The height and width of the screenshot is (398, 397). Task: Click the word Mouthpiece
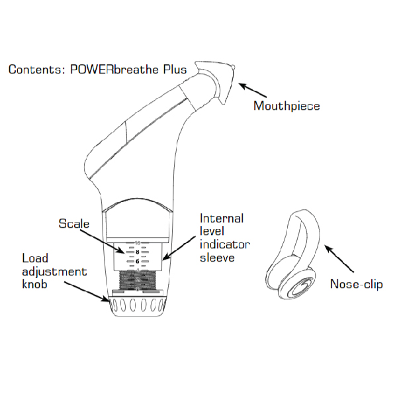click(x=287, y=105)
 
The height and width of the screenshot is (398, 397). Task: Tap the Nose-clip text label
click(x=356, y=285)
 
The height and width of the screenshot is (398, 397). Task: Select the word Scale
click(x=74, y=224)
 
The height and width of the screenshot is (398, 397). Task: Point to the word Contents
click(x=37, y=70)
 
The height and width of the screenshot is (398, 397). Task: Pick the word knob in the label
click(x=35, y=285)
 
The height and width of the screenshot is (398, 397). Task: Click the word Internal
click(x=222, y=218)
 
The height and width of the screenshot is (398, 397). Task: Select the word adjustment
click(x=54, y=272)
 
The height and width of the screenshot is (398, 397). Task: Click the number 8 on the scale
click(x=138, y=252)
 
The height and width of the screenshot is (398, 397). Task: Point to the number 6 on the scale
click(x=138, y=262)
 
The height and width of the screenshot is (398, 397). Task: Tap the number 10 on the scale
click(x=138, y=243)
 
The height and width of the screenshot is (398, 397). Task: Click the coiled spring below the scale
click(x=139, y=281)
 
